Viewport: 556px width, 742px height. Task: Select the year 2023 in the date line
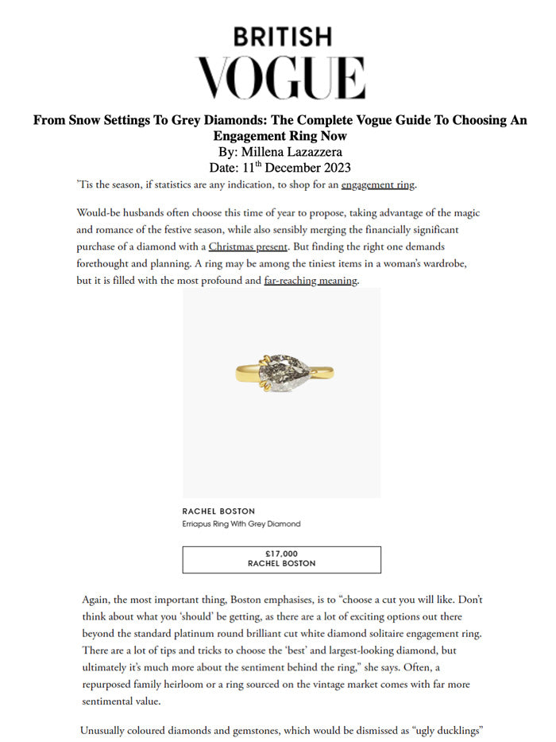(334, 168)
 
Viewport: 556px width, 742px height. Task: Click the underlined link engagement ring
(378, 185)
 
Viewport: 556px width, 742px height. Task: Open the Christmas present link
(248, 247)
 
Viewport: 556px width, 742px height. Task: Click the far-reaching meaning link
(311, 280)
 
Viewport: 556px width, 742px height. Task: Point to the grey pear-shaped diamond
(282, 371)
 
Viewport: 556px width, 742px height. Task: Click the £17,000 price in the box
(281, 554)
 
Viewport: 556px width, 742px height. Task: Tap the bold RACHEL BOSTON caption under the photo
(218, 511)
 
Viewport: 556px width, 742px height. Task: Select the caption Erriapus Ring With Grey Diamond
(241, 524)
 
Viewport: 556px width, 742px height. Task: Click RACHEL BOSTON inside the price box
(281, 564)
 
